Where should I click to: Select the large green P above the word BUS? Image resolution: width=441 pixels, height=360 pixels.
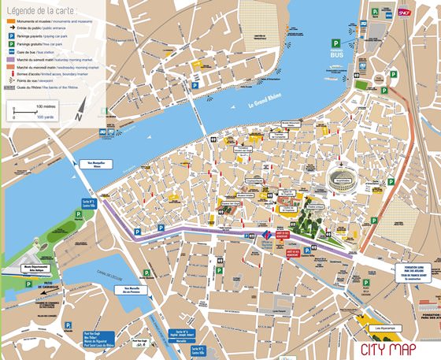tap(337, 44)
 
